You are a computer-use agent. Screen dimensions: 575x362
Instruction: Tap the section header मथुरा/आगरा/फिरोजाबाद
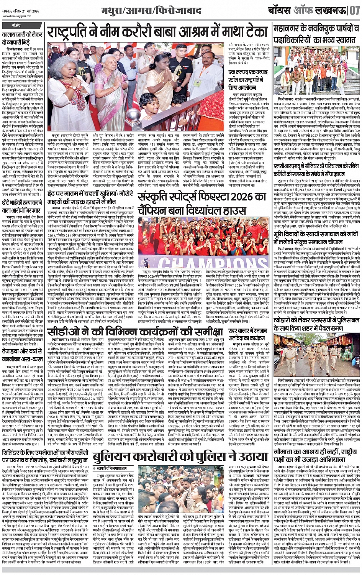146,10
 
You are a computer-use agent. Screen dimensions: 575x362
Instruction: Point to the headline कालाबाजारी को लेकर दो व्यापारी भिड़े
23,38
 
